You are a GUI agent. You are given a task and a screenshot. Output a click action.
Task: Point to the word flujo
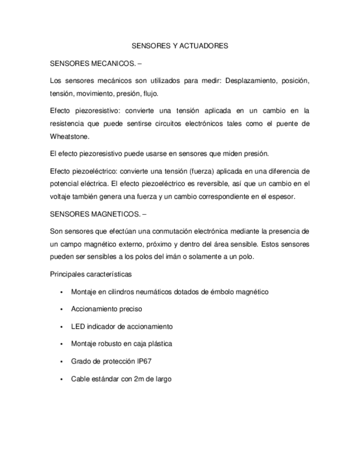[x=150, y=93]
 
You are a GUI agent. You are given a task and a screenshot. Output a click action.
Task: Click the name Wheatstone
[x=69, y=136]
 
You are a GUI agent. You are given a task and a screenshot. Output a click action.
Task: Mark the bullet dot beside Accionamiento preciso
[x=63, y=309]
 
